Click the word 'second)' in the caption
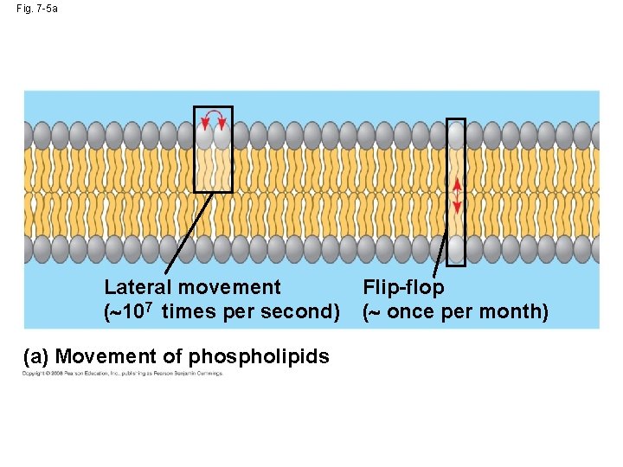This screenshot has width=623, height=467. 302,311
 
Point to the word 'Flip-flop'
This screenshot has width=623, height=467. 403,287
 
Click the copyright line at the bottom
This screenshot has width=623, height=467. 122,374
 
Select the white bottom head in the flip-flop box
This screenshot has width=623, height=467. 456,249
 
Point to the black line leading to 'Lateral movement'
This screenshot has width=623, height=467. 189,233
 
